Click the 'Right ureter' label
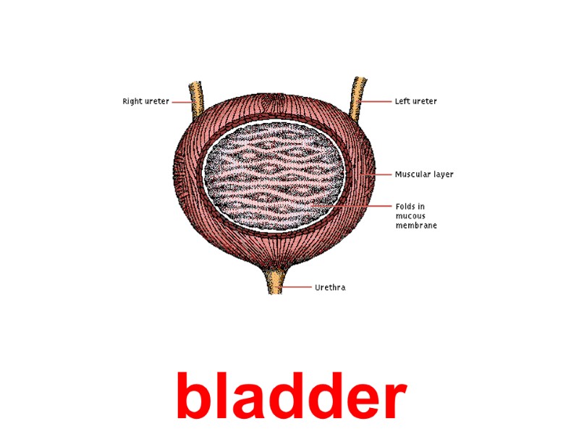[145, 102]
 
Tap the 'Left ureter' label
[415, 102]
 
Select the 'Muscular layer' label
[424, 174]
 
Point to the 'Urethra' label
[330, 288]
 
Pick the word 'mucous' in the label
[410, 216]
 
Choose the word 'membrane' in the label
[416, 226]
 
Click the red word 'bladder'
[290, 396]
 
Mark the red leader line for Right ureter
[181, 102]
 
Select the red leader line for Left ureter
[376, 102]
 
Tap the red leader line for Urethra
[297, 287]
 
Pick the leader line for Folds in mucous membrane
[355, 206]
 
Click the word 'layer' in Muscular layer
[443, 174]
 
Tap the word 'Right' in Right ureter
[131, 102]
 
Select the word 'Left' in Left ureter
[402, 102]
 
